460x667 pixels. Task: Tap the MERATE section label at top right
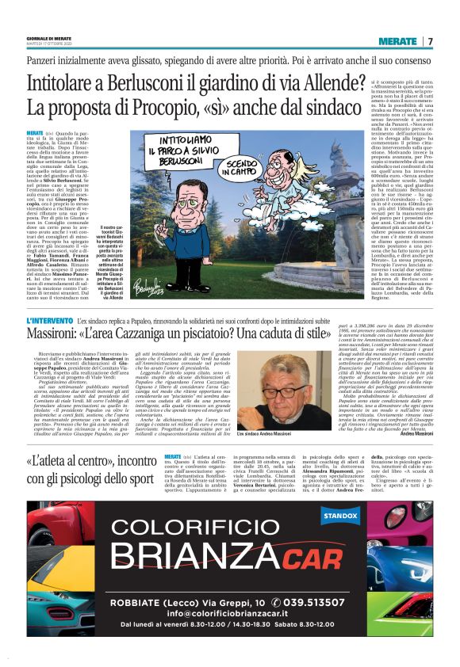(x=398, y=41)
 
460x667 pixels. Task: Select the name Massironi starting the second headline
(x=63, y=335)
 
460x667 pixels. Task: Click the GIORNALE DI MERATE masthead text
(x=49, y=36)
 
